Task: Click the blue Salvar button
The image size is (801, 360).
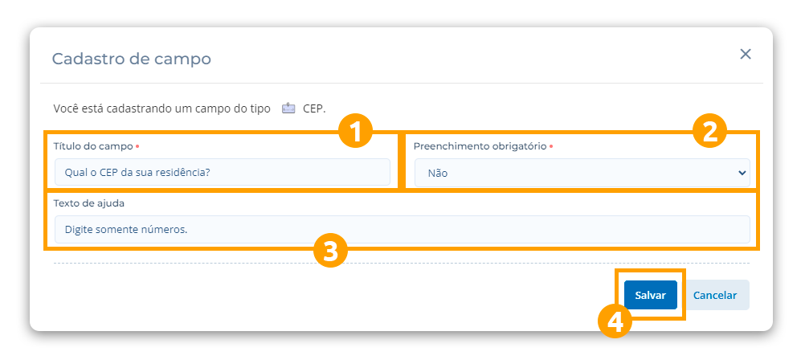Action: [650, 295]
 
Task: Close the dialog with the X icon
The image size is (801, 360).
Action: [746, 54]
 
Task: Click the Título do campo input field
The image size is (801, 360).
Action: [222, 172]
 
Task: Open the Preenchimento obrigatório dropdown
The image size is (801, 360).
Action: [582, 172]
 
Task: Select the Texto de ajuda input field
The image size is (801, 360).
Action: [402, 229]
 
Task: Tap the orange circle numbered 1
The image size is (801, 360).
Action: [355, 130]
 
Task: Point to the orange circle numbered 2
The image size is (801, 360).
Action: [709, 130]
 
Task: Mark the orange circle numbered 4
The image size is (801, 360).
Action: [615, 321]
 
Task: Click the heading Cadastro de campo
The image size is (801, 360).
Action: [132, 59]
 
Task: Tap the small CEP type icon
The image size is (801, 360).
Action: [288, 108]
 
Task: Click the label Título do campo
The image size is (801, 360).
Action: [92, 146]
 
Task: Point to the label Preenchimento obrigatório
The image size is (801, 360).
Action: [480, 146]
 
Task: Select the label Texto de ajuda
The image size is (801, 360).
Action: [88, 202]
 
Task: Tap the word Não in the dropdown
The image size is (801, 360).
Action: [438, 173]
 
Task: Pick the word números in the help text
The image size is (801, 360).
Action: [163, 230]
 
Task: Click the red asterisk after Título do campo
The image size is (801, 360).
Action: [137, 146]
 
